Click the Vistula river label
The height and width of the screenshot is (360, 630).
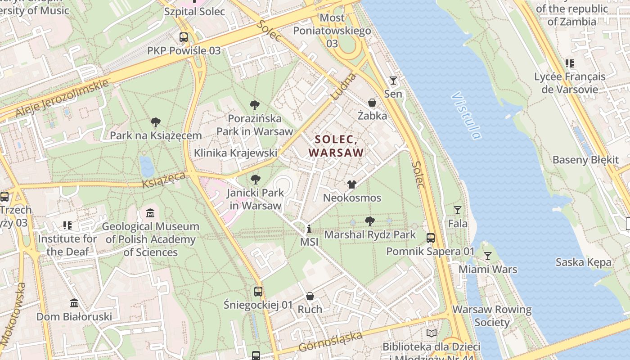point(466,116)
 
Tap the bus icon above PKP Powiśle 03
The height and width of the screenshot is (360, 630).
point(184,37)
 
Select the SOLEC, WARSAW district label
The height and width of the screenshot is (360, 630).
point(336,146)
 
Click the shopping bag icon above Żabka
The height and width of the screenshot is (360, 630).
point(372,103)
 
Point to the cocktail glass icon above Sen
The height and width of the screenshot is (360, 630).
point(393,81)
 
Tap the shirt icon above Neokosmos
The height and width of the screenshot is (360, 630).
point(352,184)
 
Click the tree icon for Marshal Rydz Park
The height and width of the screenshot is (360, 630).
point(370,221)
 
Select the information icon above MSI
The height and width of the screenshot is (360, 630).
point(309,229)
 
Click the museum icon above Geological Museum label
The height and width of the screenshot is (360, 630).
point(150,213)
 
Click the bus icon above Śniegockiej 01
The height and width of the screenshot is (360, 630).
point(258,292)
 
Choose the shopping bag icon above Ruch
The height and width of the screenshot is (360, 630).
point(310,296)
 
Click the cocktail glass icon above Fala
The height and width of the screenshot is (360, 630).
point(458,210)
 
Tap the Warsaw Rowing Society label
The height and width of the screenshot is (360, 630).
point(492,316)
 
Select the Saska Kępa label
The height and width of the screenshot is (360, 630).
point(583,262)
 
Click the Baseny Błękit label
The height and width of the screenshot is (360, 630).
point(585,160)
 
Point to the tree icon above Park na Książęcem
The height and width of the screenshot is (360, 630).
point(156,122)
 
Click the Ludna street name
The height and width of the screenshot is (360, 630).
point(343,87)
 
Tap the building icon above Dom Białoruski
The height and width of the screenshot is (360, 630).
point(74,303)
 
